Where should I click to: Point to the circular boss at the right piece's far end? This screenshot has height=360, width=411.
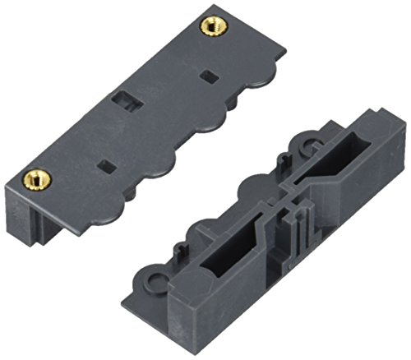pos(312,147)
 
